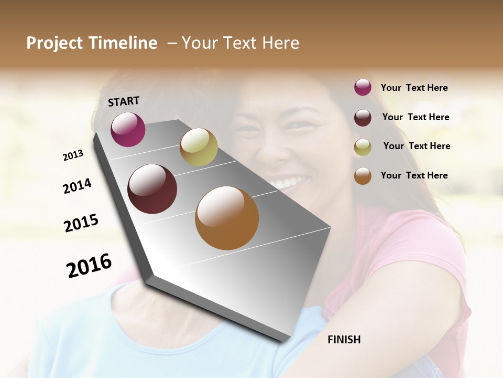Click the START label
[x=124, y=101]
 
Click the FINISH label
[x=344, y=340]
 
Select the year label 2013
[x=73, y=155]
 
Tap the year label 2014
[x=77, y=186]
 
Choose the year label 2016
[x=89, y=265]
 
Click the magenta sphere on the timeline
[x=128, y=130]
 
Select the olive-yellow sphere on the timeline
[x=199, y=147]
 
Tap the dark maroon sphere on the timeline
[x=152, y=189]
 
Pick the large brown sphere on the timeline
[x=227, y=218]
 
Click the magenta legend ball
[x=363, y=87]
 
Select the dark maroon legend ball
[x=363, y=117]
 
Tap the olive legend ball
[x=363, y=147]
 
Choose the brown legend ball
[x=363, y=176]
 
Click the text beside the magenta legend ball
[x=414, y=88]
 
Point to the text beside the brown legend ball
[x=414, y=175]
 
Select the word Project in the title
[x=53, y=43]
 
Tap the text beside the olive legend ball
[x=417, y=146]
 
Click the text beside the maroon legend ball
[x=415, y=117]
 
